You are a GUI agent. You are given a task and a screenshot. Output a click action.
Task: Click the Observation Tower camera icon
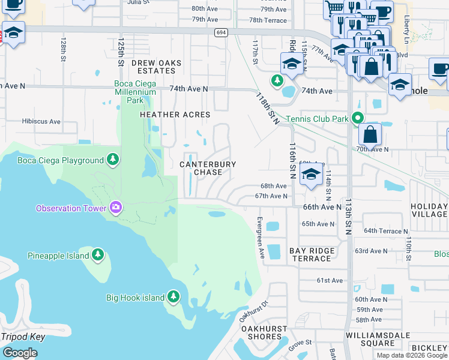[x=115, y=208]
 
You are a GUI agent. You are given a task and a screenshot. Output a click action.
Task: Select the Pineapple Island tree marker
[x=98, y=255]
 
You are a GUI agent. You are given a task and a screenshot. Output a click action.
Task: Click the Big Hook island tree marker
[x=173, y=296]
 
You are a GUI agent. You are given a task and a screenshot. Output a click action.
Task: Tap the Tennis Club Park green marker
[x=358, y=118]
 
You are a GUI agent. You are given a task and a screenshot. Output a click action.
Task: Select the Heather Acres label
[x=175, y=115]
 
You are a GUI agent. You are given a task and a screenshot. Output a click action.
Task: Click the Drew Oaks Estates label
[x=156, y=67]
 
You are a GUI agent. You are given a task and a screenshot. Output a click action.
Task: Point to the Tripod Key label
[x=23, y=337]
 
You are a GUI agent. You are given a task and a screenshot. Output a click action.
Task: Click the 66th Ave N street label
[x=322, y=207]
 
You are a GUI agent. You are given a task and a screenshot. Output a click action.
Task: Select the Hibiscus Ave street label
[x=41, y=121]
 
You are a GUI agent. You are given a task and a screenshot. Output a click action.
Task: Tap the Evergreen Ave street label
[x=261, y=237]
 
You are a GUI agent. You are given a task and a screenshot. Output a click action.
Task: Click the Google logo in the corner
[x=20, y=353]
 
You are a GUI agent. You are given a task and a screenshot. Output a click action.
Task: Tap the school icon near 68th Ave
[x=311, y=175]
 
